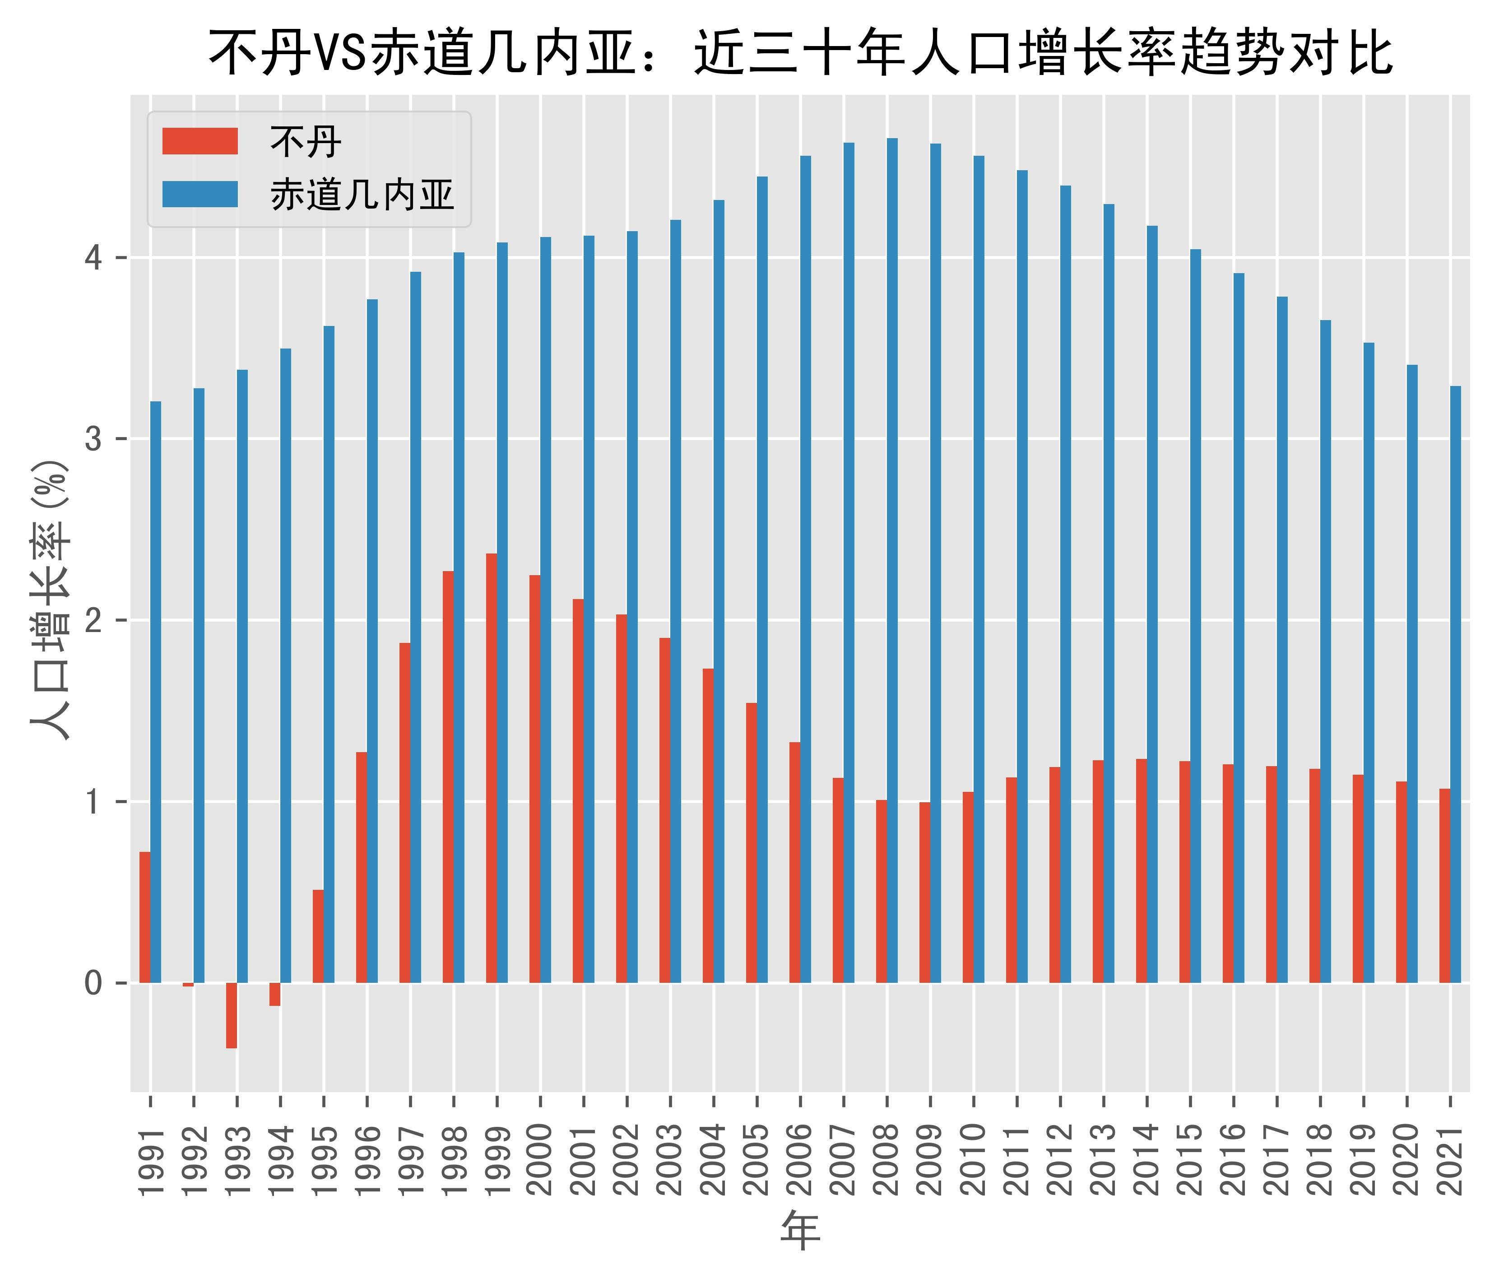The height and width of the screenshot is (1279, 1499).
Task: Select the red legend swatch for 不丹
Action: point(200,141)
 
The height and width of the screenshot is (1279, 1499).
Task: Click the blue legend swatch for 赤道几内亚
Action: point(200,194)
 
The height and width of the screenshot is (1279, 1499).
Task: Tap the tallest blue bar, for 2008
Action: point(892,561)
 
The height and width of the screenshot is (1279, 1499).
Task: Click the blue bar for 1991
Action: point(156,692)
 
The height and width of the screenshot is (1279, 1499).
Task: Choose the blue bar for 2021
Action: point(1456,684)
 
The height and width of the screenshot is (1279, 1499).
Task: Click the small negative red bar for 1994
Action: point(275,995)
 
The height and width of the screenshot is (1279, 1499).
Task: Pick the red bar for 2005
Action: point(752,843)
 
